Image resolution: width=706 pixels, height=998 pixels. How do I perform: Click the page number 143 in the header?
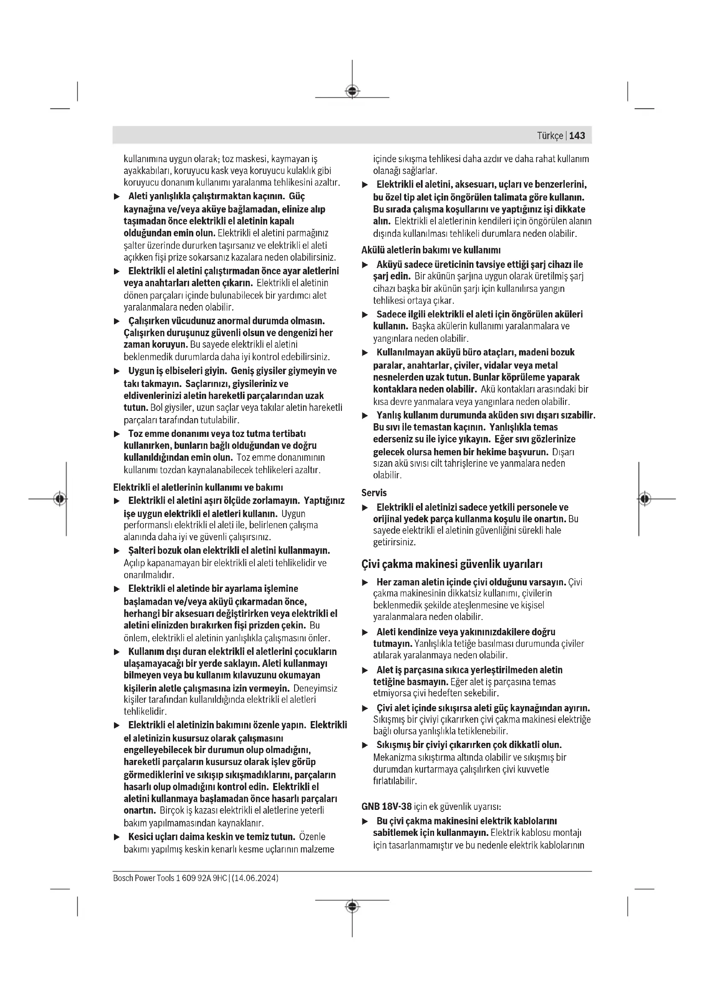[x=577, y=136]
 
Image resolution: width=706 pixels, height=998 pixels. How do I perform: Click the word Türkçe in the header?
[x=550, y=136]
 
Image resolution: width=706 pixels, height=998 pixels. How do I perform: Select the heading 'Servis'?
[x=374, y=493]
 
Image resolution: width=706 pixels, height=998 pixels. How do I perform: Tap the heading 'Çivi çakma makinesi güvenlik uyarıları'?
[x=452, y=564]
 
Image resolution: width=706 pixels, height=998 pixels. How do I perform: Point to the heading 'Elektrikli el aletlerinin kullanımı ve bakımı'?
[x=198, y=487]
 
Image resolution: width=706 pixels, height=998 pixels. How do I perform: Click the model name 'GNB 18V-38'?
[x=386, y=807]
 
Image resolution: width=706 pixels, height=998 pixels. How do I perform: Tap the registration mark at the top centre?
[x=352, y=91]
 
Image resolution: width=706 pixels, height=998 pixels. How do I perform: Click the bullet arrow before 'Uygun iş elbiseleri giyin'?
[x=117, y=371]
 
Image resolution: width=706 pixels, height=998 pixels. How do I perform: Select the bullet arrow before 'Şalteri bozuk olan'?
[x=117, y=551]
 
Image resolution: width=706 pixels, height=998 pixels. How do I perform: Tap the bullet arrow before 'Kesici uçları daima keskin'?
[x=117, y=837]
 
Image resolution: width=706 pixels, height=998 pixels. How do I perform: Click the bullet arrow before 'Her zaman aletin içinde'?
[x=365, y=582]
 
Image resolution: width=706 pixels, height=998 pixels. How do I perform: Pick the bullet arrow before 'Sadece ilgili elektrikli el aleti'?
[x=365, y=315]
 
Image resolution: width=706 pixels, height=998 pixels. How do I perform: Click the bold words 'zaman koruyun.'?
[x=156, y=345]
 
